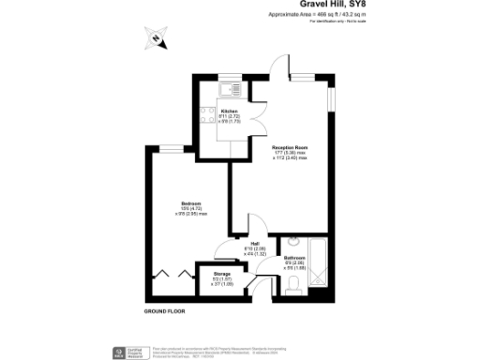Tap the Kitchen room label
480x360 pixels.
228,111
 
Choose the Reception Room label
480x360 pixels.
291,148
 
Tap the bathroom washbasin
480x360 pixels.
292,240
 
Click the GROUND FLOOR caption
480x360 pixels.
165,310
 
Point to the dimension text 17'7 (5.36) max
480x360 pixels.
291,154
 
